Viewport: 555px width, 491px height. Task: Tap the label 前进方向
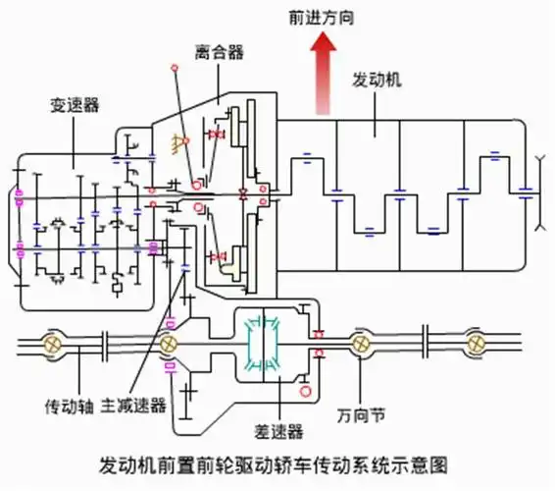(320, 19)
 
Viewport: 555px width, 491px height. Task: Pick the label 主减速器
(133, 405)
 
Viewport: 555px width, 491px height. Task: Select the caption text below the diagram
(277, 463)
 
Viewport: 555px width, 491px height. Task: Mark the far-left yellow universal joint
(52, 345)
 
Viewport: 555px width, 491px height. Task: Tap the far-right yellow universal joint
(478, 345)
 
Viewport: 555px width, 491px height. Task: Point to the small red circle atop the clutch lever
(175, 69)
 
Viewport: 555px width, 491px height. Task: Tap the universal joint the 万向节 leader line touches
(361, 345)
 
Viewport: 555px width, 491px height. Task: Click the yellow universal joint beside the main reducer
(169, 345)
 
